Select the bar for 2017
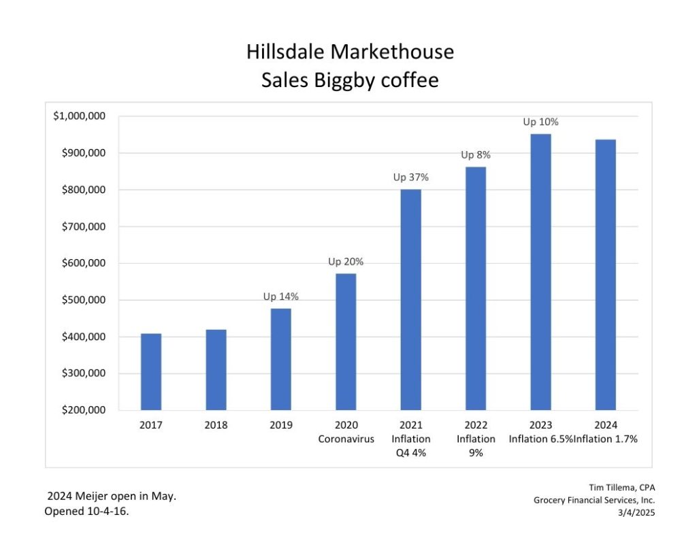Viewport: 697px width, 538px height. [x=151, y=372]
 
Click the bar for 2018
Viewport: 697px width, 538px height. [x=216, y=370]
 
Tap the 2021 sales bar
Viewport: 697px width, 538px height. [x=410, y=300]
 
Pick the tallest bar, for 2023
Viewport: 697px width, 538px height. [x=540, y=272]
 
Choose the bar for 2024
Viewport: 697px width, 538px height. [x=605, y=275]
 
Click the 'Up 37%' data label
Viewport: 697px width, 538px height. [x=410, y=178]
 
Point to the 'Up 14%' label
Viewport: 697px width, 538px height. [x=281, y=297]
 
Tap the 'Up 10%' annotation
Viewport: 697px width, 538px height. [x=540, y=122]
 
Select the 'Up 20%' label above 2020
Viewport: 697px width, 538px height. [x=346, y=262]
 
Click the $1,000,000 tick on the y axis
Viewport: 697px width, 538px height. [x=79, y=116]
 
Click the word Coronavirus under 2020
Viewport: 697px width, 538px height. [x=346, y=439]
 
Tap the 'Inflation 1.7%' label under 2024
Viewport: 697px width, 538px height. [x=606, y=439]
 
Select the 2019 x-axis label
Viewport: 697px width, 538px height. [x=281, y=425]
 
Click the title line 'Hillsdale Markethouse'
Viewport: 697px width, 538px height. [x=350, y=52]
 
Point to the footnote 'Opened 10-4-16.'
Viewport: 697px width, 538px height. [x=86, y=511]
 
